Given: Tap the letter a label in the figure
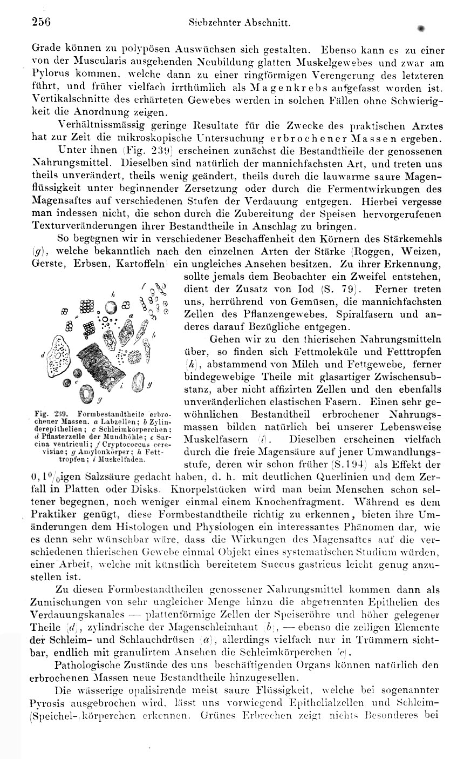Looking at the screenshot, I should (x=131, y=315).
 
